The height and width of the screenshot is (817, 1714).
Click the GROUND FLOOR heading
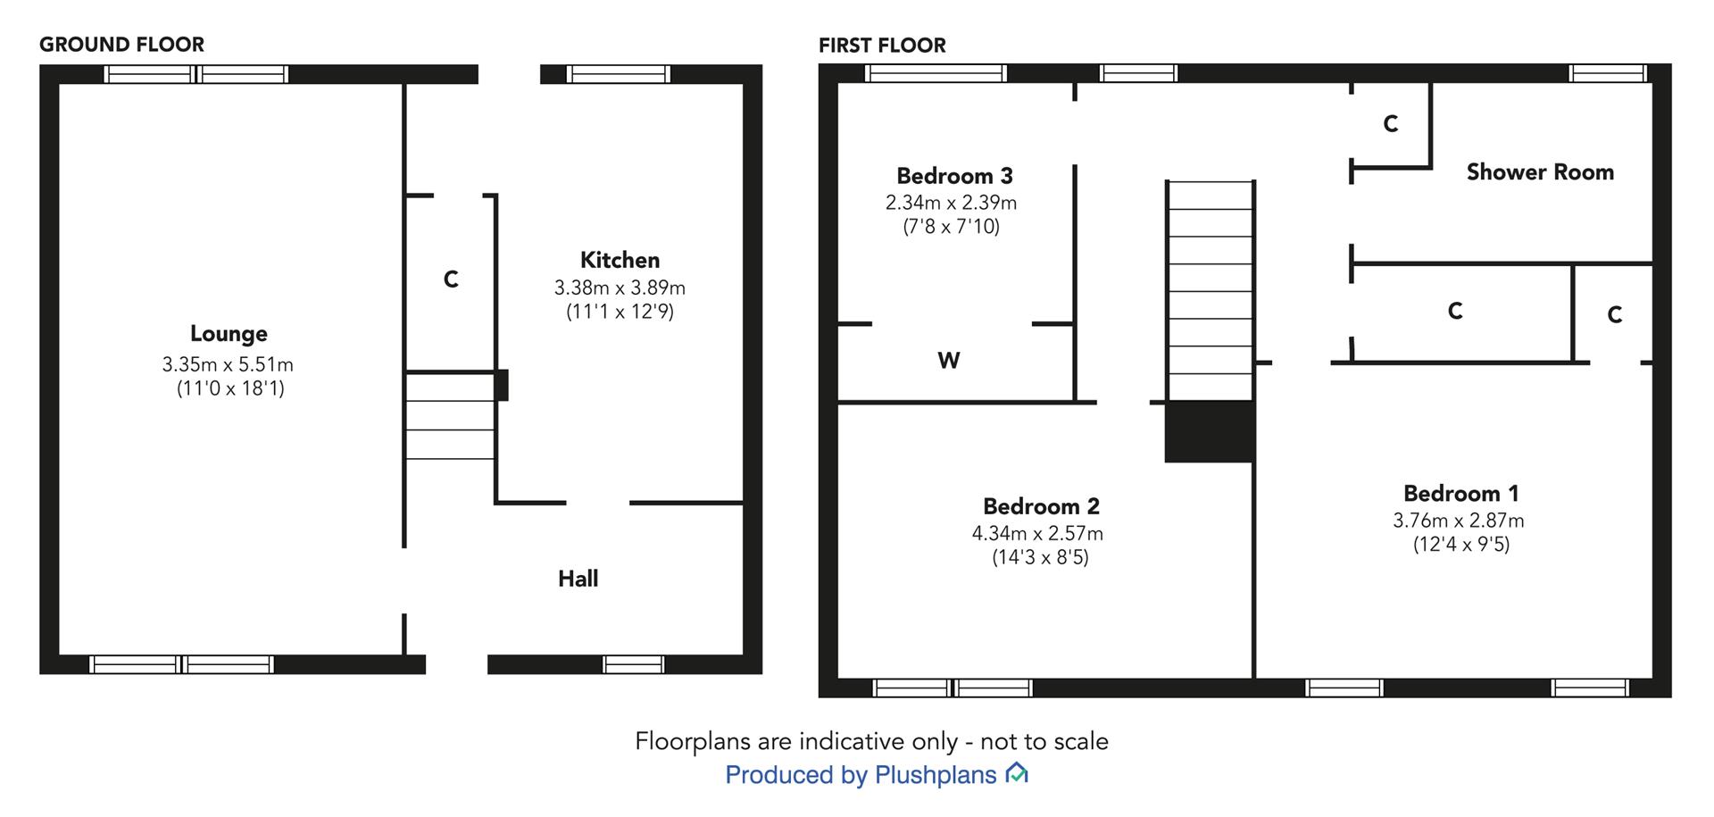click(x=121, y=45)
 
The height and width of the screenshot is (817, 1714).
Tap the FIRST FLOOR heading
click(x=882, y=46)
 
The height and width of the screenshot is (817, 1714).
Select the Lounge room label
click(x=229, y=334)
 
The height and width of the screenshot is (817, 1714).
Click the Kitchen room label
click(x=620, y=260)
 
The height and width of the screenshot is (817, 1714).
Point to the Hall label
click(x=578, y=579)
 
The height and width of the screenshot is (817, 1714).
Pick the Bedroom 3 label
click(x=954, y=176)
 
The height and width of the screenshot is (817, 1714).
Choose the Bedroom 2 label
click(x=1041, y=506)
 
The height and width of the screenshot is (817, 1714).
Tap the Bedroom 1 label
click(x=1460, y=494)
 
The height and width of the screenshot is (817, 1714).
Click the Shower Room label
click(x=1540, y=172)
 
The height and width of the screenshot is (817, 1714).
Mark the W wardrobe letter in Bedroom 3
click(x=949, y=361)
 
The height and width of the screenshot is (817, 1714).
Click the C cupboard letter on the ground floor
click(x=451, y=279)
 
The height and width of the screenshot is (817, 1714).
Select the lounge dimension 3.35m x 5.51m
click(x=228, y=364)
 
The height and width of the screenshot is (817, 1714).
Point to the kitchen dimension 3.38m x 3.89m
click(x=620, y=288)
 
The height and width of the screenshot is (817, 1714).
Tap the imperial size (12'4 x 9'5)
click(x=1461, y=544)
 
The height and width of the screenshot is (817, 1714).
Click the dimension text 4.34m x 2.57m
click(x=1037, y=533)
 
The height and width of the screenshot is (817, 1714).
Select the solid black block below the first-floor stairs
click(x=1210, y=431)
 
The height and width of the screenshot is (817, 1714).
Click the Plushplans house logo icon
click(x=1017, y=773)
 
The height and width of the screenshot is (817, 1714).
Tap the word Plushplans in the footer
click(x=936, y=775)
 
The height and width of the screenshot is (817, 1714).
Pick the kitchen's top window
click(x=619, y=74)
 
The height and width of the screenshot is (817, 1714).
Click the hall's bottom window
click(x=633, y=664)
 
